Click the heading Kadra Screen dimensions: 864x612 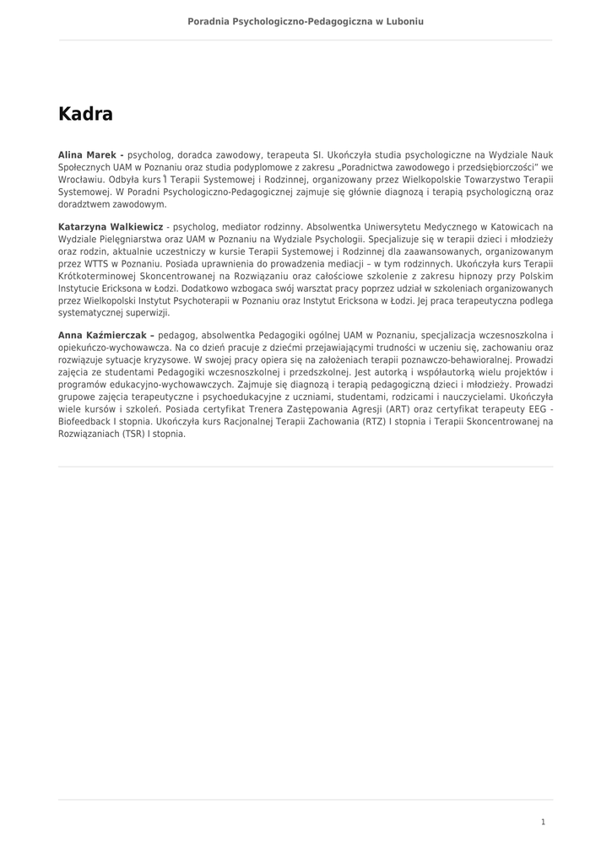85,114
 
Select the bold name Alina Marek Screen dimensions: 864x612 89,155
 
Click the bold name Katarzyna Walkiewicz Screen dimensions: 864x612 111,227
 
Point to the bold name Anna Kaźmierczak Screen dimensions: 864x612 106,336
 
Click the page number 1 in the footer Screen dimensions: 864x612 543,822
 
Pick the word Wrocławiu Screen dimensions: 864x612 81,180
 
